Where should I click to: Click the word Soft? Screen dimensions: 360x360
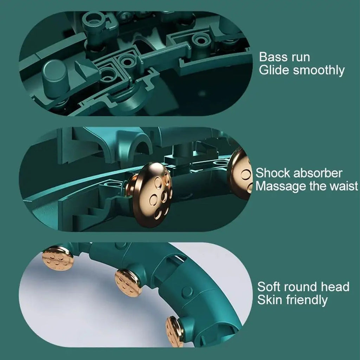[x=269, y=287]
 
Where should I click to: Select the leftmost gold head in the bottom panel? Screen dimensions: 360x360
[x=58, y=258]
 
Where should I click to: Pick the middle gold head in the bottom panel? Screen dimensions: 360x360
[x=128, y=283]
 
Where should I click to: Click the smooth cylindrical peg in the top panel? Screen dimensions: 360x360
[x=55, y=78]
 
